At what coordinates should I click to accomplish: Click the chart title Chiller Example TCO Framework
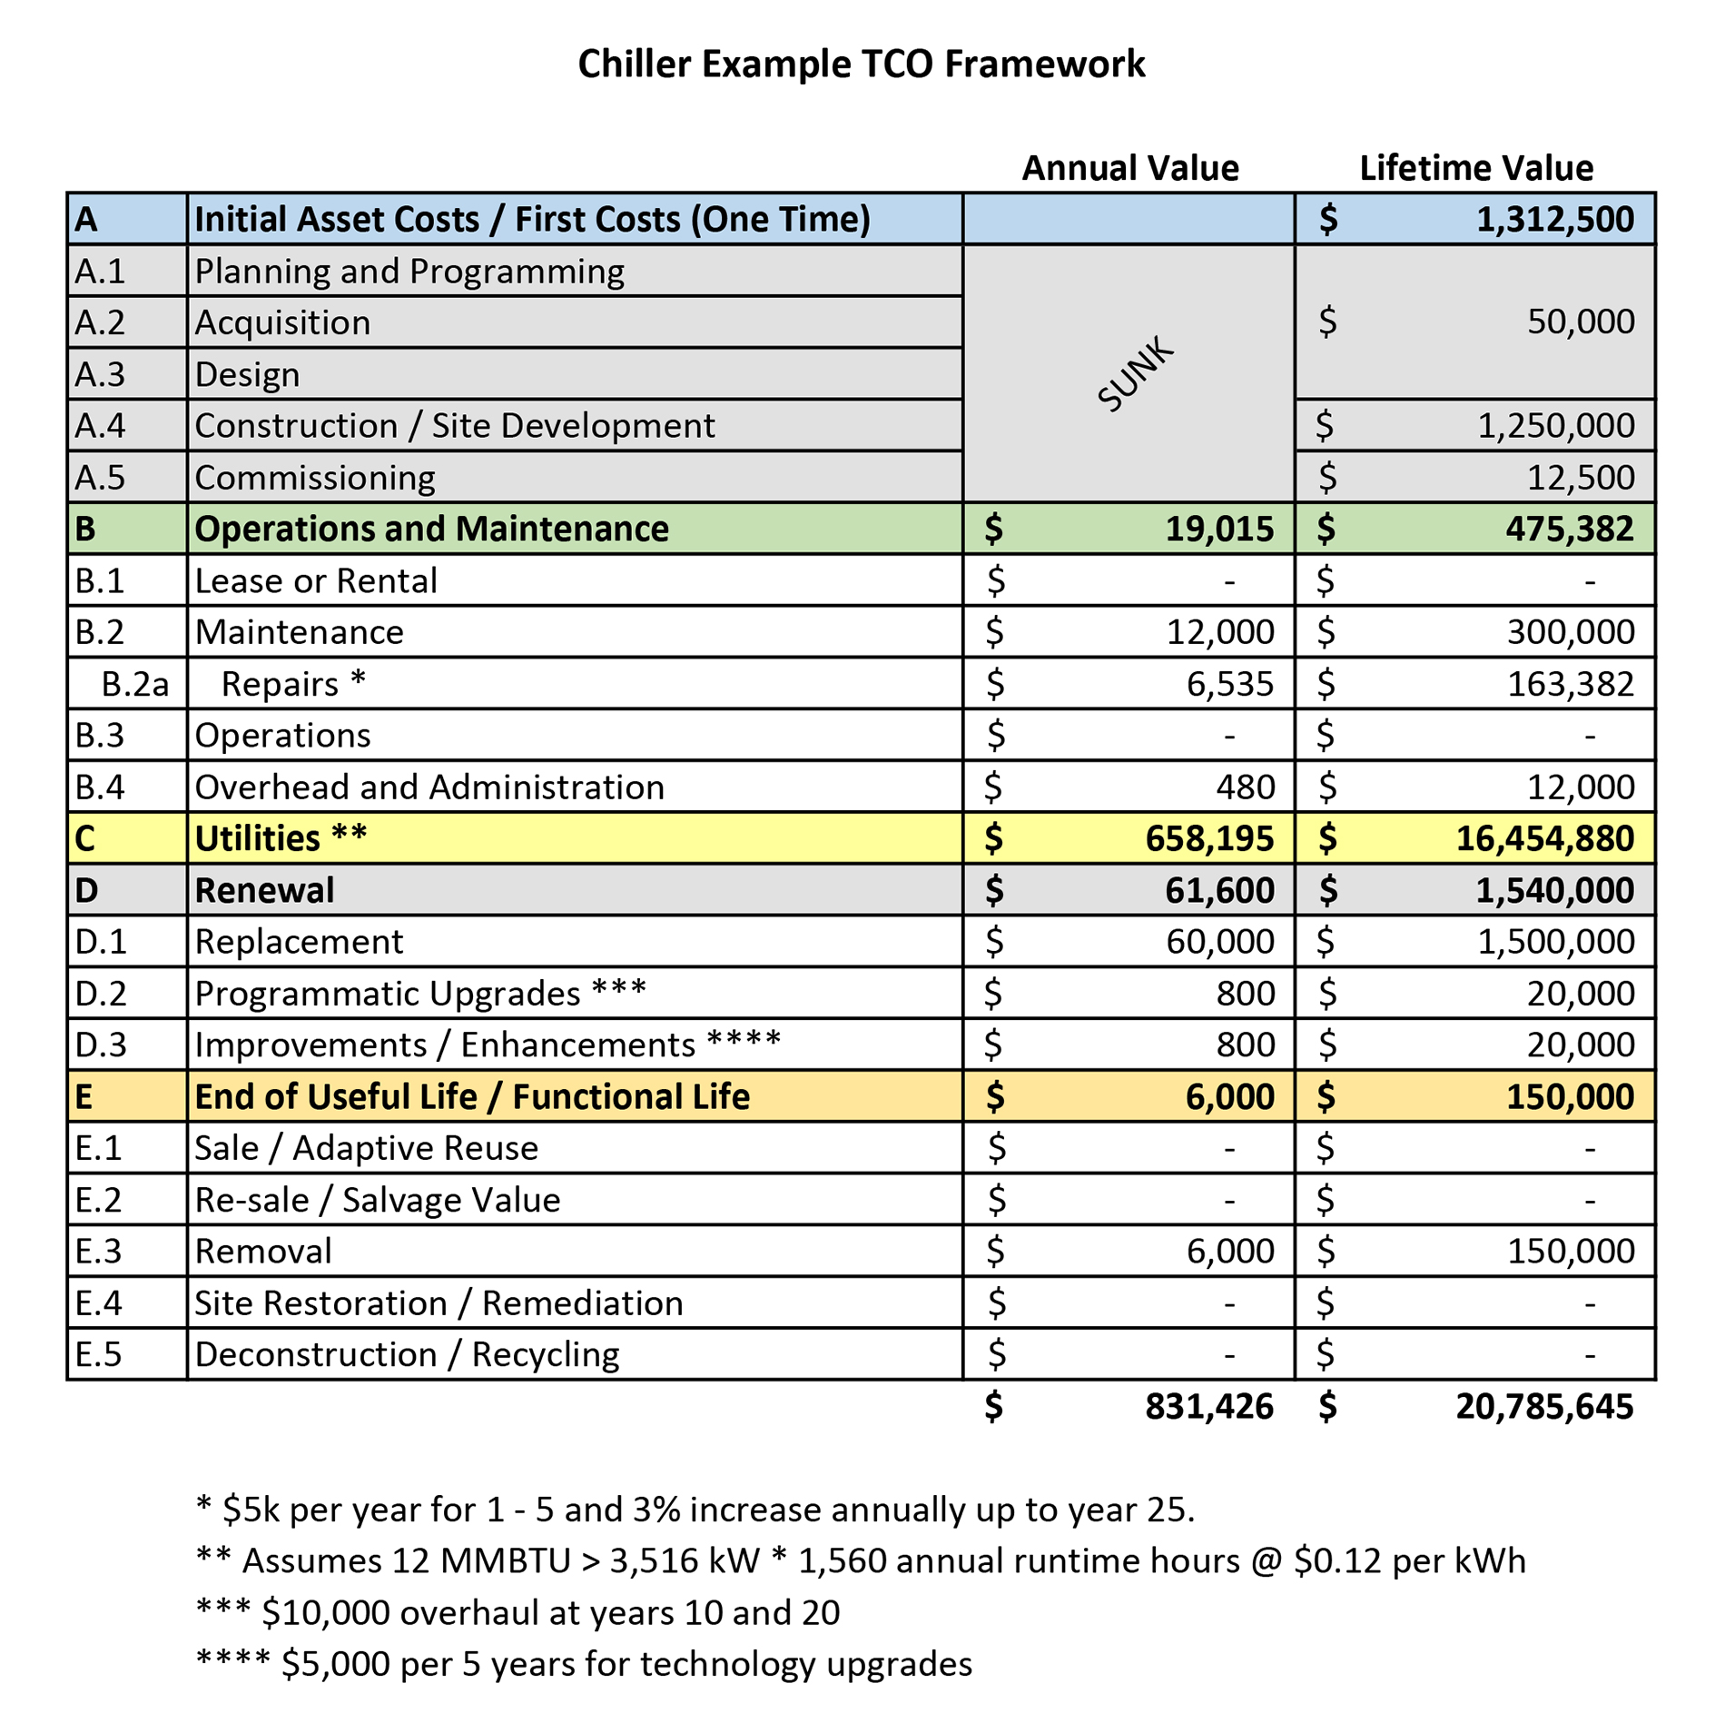861,64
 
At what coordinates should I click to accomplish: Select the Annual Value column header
1129,168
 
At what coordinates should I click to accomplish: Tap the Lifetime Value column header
1475,168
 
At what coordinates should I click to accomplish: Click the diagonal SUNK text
1135,374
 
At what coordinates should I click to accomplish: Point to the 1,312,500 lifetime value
1554,220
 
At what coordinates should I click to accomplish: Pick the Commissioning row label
314,478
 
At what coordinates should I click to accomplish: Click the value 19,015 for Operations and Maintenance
1219,530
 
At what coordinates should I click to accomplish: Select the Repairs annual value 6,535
1229,684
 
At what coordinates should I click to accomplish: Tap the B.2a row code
134,684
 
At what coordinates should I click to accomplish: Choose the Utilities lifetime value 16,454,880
1544,838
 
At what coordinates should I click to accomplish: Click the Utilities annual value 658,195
1209,838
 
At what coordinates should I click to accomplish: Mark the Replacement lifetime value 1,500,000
1555,942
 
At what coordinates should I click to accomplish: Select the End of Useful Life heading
472,1097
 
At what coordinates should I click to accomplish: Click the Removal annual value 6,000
1229,1252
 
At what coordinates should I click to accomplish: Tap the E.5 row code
98,1354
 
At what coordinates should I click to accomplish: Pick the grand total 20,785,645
1544,1407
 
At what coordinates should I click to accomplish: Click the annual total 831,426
1209,1407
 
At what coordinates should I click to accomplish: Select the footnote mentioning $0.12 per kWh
861,1560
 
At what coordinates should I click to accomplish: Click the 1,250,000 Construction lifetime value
1555,426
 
